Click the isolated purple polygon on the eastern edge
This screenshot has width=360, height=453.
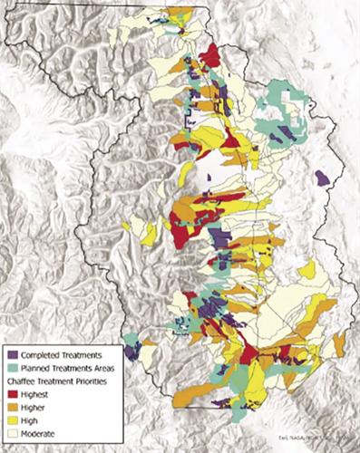pos(322,179)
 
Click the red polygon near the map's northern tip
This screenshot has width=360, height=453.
pos(210,56)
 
